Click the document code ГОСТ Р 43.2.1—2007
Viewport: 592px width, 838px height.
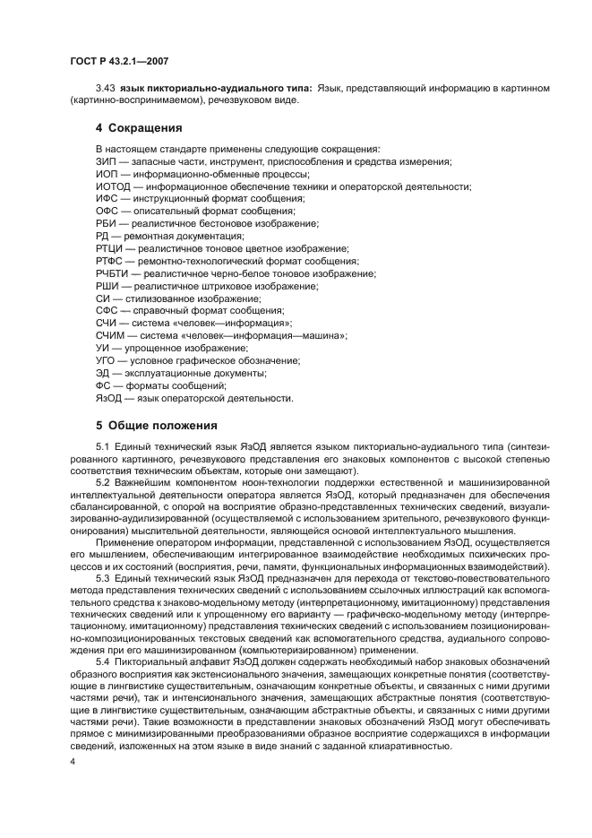119,61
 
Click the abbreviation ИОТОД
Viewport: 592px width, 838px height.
111,186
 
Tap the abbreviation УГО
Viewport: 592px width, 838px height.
106,360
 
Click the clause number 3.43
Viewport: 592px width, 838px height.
106,88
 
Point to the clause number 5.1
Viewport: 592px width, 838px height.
103,446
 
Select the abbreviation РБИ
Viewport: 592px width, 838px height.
106,223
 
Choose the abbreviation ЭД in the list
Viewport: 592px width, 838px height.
102,373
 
